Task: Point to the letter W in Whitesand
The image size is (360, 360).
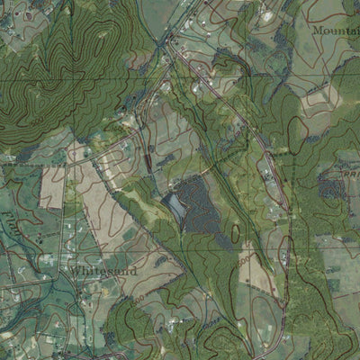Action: (75, 267)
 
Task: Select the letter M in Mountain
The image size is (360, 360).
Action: (316, 31)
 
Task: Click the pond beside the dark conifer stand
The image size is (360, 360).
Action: (175, 206)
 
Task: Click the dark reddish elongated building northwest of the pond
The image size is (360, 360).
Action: (147, 162)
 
